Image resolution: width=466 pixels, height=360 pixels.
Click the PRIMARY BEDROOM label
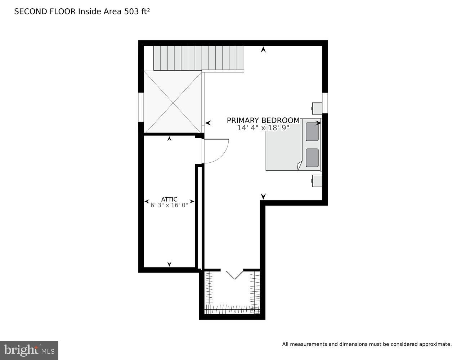click(x=263, y=120)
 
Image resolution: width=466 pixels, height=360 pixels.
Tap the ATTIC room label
click(x=169, y=199)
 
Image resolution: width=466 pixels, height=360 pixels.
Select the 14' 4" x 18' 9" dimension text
click(x=263, y=128)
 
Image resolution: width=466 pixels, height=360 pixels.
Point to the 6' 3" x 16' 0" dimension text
click(x=169, y=206)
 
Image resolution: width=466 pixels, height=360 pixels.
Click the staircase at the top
click(x=198, y=58)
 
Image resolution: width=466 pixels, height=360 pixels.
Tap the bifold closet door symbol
click(x=235, y=275)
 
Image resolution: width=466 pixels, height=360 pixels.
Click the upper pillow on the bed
click(x=312, y=132)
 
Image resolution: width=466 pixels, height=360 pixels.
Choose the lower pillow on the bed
click(x=312, y=158)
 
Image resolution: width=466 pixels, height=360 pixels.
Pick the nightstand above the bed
click(x=317, y=108)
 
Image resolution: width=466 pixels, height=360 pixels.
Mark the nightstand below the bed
click(x=317, y=181)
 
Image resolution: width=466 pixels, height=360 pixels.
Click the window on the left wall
click(x=141, y=107)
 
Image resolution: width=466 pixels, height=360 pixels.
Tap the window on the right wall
click(x=325, y=103)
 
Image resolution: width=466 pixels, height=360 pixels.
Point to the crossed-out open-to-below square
click(x=173, y=102)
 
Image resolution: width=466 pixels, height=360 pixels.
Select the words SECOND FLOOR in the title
click(x=45, y=12)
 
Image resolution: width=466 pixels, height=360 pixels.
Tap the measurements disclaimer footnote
click(x=367, y=344)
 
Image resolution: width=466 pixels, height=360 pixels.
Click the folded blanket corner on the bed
click(x=299, y=166)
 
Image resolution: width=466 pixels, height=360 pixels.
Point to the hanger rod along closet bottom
click(x=232, y=309)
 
